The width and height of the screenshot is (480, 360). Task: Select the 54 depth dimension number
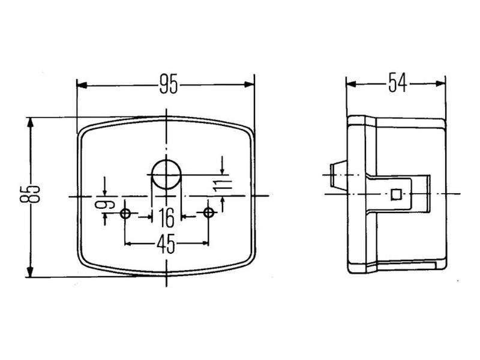click(x=397, y=83)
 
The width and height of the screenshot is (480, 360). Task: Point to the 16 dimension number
click(x=166, y=215)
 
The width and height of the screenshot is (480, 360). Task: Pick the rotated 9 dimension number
click(x=106, y=204)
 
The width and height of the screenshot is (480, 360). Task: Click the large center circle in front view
click(x=166, y=175)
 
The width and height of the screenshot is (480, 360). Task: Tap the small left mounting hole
click(x=125, y=214)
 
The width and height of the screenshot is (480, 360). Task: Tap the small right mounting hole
click(x=208, y=214)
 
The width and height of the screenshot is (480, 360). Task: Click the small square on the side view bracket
click(x=395, y=193)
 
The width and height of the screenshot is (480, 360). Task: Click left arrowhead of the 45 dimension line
click(x=129, y=243)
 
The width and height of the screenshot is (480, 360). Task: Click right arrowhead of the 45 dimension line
click(x=205, y=243)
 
